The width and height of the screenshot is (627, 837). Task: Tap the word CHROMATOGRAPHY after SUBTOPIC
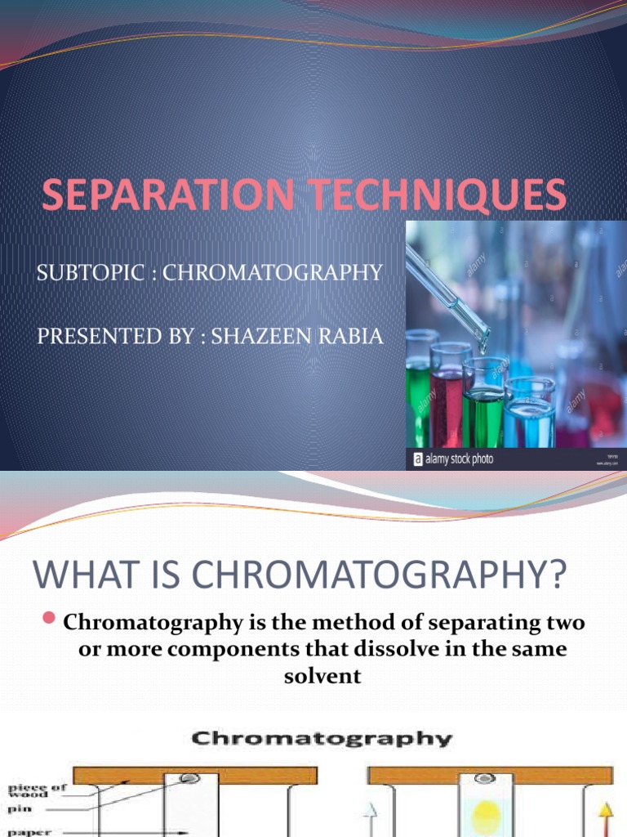[x=273, y=273]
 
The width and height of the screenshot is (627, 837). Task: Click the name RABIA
[x=352, y=336]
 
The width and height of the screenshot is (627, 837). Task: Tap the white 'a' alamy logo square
[x=419, y=459]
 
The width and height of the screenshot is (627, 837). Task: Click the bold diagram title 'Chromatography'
[x=321, y=740]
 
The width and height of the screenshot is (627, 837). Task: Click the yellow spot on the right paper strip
[x=486, y=814]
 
